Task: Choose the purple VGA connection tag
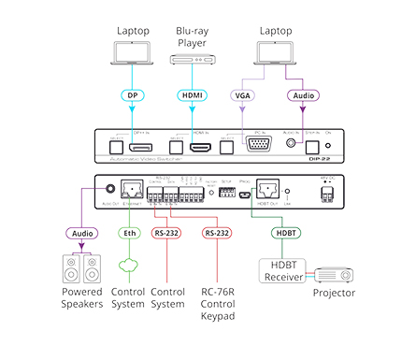point(243,94)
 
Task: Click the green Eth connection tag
point(130,234)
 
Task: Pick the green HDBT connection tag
point(285,234)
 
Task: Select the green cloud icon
point(130,272)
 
